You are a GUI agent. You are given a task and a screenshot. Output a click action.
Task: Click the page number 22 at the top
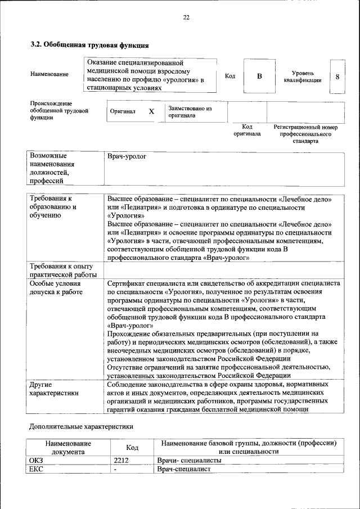(x=186, y=17)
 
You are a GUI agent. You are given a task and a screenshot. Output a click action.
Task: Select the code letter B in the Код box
(x=259, y=76)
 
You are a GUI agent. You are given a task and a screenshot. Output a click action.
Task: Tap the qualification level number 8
(x=337, y=76)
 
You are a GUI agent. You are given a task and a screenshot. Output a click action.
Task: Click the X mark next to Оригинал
(x=151, y=111)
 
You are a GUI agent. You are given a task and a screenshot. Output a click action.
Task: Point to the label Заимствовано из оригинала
(x=190, y=111)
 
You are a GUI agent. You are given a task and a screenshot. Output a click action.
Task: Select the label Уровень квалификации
(x=303, y=76)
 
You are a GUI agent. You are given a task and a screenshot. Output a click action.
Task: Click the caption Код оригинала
(x=247, y=130)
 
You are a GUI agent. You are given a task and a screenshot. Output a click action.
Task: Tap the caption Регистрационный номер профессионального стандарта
(x=305, y=134)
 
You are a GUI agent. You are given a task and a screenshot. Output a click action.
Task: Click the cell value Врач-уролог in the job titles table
(x=127, y=156)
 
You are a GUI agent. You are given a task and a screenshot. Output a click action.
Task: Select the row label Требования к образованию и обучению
(x=53, y=206)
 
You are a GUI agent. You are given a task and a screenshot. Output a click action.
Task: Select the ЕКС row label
(x=36, y=469)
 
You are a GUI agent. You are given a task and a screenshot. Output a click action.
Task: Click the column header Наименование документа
(x=67, y=447)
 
